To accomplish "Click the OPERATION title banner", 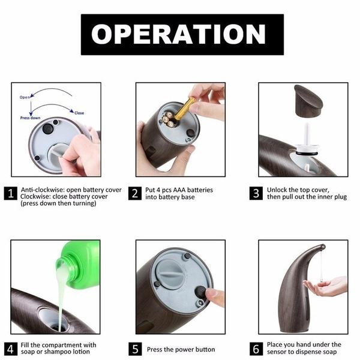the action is tap(182, 34).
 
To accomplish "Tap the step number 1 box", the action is tap(10, 193).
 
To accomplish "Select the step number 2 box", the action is tap(135, 193).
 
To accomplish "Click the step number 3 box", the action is tap(256, 193).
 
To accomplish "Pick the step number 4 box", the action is tap(10, 349).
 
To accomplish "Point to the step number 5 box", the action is tap(135, 349).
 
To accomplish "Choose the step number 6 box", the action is tap(256, 349).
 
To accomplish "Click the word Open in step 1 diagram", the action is tap(25, 97).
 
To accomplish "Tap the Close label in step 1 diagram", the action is tap(79, 113).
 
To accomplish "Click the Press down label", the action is tap(31, 118).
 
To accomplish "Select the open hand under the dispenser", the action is tap(326, 286).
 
